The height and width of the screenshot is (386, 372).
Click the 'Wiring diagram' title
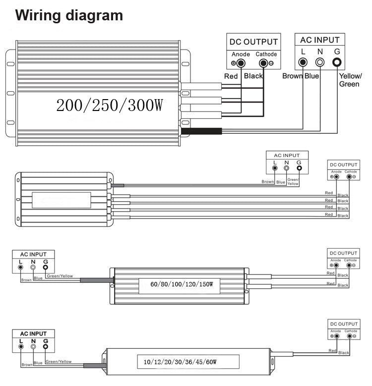pyautogui.click(x=69, y=15)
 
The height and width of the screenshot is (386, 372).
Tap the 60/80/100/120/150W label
pyautogui.click(x=182, y=284)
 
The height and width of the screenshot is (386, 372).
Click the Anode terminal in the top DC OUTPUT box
pyautogui.click(x=241, y=63)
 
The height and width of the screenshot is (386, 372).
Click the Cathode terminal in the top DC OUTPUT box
pyautogui.click(x=263, y=63)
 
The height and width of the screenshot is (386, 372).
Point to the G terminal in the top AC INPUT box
pyautogui.click(x=337, y=62)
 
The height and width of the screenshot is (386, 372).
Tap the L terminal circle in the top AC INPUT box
pyautogui.click(x=303, y=62)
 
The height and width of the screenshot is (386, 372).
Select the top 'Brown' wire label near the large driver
pyautogui.click(x=292, y=76)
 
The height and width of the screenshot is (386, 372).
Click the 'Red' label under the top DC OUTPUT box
pyautogui.click(x=231, y=76)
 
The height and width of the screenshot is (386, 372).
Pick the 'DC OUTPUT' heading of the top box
pyautogui.click(x=252, y=42)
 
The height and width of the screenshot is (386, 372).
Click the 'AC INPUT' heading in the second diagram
pyautogui.click(x=287, y=156)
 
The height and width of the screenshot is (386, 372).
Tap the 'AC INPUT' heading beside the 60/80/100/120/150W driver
pyautogui.click(x=33, y=255)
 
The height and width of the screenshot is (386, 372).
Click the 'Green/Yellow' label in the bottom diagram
pyautogui.click(x=59, y=362)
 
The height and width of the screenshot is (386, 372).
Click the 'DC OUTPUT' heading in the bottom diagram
pyautogui.click(x=344, y=324)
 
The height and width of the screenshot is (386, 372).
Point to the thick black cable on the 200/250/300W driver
pyautogui.click(x=201, y=131)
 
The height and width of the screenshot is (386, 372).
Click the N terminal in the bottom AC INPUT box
pyautogui.click(x=33, y=347)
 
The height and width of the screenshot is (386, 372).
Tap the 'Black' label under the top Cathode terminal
pyautogui.click(x=253, y=76)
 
